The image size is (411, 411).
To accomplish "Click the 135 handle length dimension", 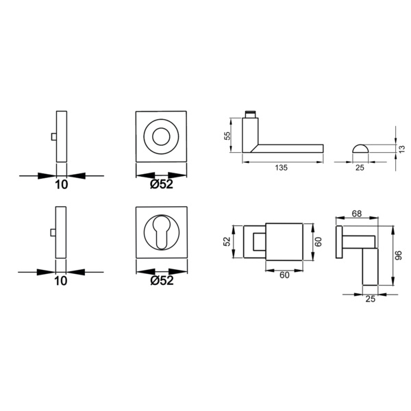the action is pos(282,168).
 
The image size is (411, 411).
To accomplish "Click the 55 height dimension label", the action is pos(227,135).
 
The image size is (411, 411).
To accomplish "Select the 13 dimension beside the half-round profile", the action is pos(401,149).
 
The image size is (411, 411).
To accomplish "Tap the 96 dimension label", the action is pos(398,256).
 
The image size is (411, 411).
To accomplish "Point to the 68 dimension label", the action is pos(357,214).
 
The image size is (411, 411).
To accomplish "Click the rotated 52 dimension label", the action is pos(227,241).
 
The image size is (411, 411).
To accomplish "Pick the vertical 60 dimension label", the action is pos(318,242).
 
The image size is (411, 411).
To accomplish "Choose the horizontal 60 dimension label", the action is pos(284,275).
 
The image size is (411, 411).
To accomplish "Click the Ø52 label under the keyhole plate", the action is pos(162,280).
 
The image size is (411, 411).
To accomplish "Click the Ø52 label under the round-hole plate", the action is pos(162,184).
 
